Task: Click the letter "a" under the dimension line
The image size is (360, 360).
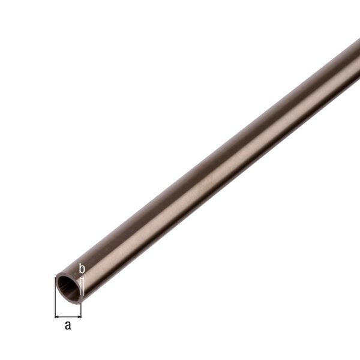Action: coord(68,326)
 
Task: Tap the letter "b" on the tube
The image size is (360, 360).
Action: coord(82,268)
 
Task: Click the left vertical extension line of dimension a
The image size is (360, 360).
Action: coord(55,303)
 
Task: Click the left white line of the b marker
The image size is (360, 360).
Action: coord(80,284)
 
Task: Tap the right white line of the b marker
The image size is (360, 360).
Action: coord(83,284)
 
